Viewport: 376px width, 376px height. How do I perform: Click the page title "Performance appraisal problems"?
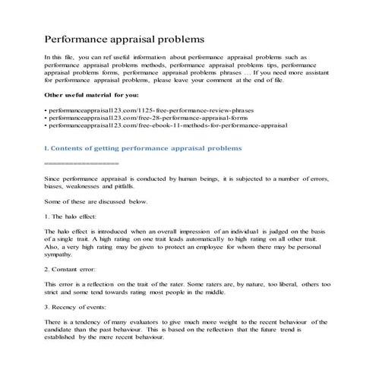point(125,37)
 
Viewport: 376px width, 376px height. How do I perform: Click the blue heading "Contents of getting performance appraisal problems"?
point(145,148)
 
